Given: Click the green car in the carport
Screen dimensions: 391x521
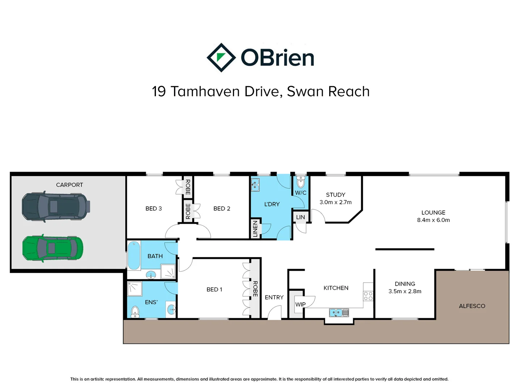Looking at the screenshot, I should click(x=53, y=248).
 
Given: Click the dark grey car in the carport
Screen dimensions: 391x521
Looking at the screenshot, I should click(x=55, y=206).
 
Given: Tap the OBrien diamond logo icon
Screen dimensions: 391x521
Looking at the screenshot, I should click(x=221, y=58).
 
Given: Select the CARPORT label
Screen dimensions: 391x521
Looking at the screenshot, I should click(x=69, y=185).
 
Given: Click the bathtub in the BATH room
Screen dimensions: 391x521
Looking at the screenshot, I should click(x=134, y=256).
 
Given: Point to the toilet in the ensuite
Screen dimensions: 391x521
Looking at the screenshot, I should click(x=135, y=311).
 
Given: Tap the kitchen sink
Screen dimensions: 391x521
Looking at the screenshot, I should click(x=339, y=312).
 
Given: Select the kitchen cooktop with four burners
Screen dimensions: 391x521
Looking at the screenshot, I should click(x=368, y=296).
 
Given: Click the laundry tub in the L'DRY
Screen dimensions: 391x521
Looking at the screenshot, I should click(x=255, y=185).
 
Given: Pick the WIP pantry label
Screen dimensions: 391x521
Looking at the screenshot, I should click(x=300, y=304).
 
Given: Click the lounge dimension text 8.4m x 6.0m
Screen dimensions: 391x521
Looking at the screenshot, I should click(x=433, y=220).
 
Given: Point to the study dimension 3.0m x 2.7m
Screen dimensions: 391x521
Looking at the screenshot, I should click(x=335, y=202).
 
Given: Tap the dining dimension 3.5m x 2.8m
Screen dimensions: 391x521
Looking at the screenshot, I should click(x=405, y=291).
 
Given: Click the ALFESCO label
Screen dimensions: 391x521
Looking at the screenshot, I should click(x=472, y=306).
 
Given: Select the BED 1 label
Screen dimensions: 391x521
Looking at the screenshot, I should click(x=214, y=290).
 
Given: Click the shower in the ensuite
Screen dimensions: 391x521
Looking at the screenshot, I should click(x=135, y=289).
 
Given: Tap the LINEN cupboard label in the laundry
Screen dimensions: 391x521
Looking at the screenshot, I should click(x=255, y=229).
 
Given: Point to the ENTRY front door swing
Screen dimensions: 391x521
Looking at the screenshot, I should click(x=275, y=312).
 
